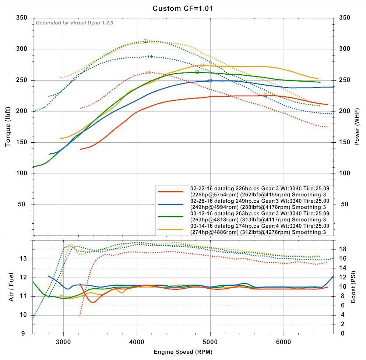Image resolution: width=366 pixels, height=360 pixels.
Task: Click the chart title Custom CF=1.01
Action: (183, 8)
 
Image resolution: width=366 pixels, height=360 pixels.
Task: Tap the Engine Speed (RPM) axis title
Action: (183, 352)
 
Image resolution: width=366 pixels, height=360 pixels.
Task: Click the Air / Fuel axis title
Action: (11, 287)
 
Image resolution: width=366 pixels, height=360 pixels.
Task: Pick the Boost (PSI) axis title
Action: (353, 287)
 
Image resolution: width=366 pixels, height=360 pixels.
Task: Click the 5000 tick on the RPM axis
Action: (210, 341)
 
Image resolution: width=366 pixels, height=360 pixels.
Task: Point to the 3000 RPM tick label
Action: (64, 341)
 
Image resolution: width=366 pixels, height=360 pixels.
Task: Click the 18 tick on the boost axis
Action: (343, 249)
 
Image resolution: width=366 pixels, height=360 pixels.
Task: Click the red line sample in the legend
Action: (170, 191)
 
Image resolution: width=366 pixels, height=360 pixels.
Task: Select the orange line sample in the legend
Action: (170, 229)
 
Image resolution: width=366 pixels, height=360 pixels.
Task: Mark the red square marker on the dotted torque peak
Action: (148, 73)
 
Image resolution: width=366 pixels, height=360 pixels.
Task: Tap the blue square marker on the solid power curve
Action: (210, 81)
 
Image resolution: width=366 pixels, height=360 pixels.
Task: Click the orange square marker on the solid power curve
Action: (202, 65)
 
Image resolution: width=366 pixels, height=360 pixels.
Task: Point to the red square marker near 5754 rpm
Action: (265, 95)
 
